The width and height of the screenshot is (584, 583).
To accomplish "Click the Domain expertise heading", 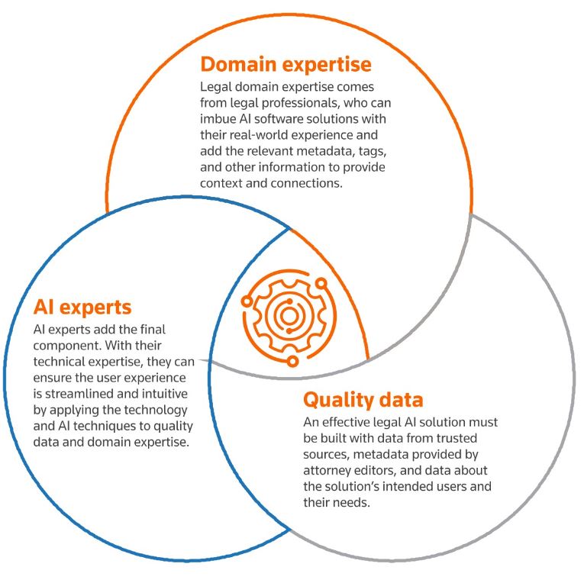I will [286, 64].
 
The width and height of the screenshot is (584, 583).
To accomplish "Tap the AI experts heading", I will [82, 307].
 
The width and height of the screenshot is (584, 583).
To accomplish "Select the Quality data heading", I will [363, 399].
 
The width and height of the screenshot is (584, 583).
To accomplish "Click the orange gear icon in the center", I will [289, 314].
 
